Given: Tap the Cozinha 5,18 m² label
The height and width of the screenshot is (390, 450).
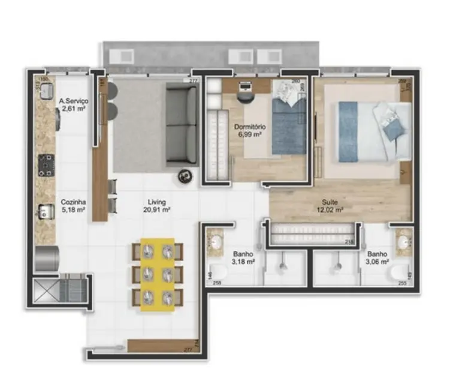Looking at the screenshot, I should [x=73, y=206].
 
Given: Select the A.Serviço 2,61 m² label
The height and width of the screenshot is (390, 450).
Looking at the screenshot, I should [x=74, y=105].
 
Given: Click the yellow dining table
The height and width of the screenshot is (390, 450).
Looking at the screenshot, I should [x=158, y=274].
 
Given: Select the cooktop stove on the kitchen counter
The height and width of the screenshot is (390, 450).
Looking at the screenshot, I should [x=46, y=164].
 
